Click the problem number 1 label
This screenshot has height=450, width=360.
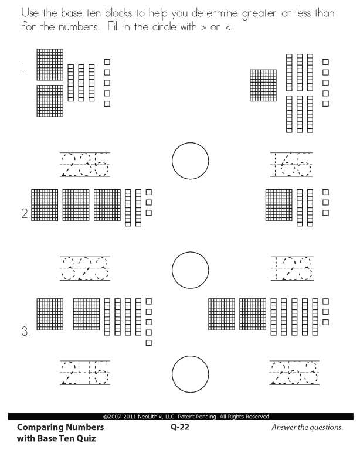pos(24,69)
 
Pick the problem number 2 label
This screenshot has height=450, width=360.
pos(26,214)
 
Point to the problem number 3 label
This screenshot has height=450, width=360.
pos(26,332)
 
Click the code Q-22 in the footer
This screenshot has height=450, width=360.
pos(180,427)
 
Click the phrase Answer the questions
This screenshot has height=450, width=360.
pos(307,427)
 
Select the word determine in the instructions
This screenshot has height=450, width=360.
pos(215,13)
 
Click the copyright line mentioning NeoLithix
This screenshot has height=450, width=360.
pos(186,417)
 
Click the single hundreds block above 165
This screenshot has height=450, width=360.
pos(263,85)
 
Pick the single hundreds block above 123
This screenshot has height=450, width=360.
pos(279,205)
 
